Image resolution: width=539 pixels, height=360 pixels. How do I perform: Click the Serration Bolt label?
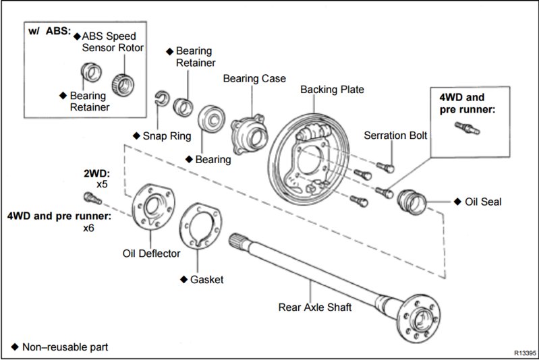click(x=395, y=135)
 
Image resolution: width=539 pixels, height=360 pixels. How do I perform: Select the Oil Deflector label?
click(x=151, y=253)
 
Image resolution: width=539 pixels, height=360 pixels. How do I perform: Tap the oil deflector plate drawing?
click(x=152, y=205)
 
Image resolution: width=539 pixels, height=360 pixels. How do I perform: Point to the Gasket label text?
click(x=206, y=279)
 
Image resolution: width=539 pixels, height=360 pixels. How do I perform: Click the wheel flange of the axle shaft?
click(x=422, y=317)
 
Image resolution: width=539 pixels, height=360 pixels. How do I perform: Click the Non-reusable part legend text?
click(x=65, y=347)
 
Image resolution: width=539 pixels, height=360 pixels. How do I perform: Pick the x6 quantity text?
click(x=88, y=228)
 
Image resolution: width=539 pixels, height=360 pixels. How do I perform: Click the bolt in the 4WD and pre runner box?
click(x=465, y=126)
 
